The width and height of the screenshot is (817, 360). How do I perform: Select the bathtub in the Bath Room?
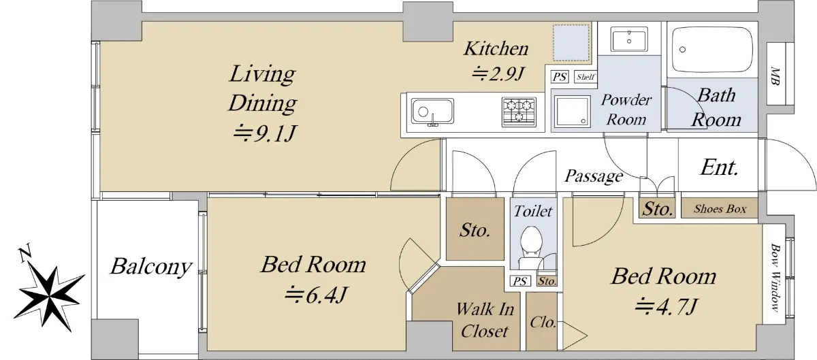tap(712, 50)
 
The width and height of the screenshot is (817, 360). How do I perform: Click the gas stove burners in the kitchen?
tap(519, 112)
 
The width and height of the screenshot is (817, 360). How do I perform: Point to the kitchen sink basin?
tap(432, 111)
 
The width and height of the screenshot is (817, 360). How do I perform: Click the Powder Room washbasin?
tap(629, 39)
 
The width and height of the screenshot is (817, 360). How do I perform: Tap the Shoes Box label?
tap(720, 209)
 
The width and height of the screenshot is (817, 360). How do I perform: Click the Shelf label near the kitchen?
tap(586, 77)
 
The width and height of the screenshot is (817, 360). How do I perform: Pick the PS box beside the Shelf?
tap(560, 77)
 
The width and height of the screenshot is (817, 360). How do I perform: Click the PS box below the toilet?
tap(520, 281)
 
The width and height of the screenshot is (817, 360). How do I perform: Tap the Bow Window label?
tap(774, 278)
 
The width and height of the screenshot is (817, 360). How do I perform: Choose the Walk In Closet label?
tap(485, 320)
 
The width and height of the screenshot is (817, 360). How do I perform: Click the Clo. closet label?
tap(543, 323)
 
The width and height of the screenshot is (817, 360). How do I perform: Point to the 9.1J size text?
tap(264, 134)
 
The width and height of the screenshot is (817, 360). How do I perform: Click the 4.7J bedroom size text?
tap(666, 306)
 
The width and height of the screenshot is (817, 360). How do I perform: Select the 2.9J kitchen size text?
tap(498, 73)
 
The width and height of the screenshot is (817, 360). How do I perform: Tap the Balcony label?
tap(151, 267)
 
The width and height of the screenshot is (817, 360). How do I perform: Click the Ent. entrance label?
tap(719, 167)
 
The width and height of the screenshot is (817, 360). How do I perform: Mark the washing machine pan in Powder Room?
tap(572, 111)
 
